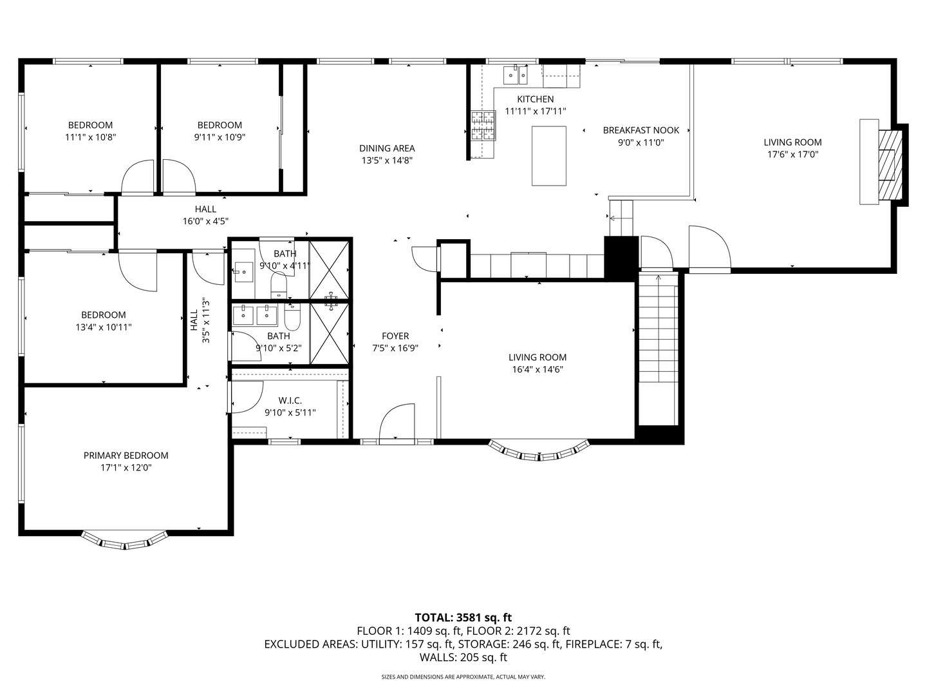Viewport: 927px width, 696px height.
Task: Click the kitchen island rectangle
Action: pos(548,155)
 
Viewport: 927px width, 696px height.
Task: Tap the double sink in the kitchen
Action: pos(515,75)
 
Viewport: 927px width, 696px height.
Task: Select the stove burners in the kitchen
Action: pos(483,126)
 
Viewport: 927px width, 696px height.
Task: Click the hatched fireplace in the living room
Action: pos(890,164)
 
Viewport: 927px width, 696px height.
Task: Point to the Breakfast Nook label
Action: pos(641,130)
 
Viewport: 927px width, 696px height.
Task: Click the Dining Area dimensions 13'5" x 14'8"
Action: pos(387,160)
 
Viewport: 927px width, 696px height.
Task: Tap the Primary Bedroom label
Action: pos(126,456)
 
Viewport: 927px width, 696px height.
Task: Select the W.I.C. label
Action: pos(290,400)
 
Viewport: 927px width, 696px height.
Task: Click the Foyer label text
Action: pos(395,336)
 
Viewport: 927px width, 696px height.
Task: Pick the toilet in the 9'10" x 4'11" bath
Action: pos(279,285)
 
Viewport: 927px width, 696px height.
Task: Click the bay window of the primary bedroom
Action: pos(125,541)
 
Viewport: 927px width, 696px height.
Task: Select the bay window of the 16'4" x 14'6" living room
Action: pos(539,452)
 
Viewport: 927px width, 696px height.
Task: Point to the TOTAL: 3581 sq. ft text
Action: pos(464,618)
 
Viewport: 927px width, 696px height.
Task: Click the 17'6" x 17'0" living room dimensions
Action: pos(792,155)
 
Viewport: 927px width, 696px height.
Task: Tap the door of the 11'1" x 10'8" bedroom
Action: pos(138,177)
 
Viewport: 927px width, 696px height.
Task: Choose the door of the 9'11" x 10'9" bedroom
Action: pos(179,177)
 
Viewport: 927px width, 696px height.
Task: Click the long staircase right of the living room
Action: pos(658,348)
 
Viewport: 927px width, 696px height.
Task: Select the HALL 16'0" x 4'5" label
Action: pos(205,215)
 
